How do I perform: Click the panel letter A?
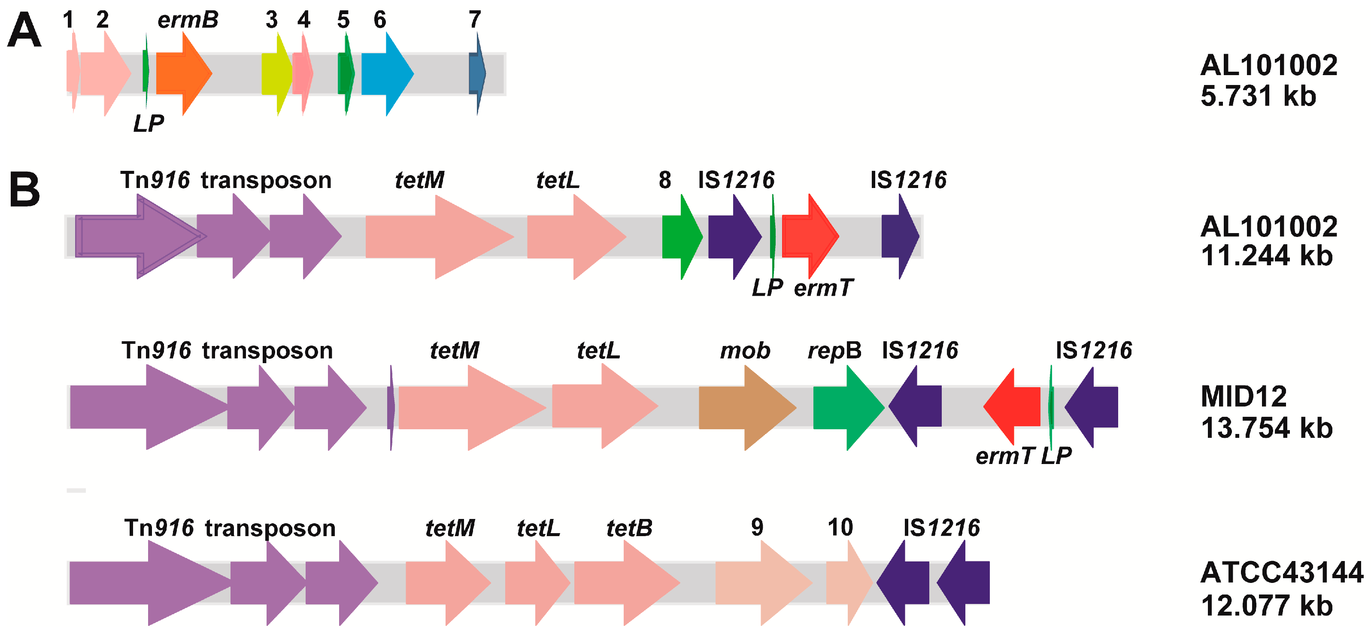click(x=24, y=30)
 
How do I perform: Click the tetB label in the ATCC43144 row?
click(x=629, y=528)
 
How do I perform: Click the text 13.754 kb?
click(x=1266, y=428)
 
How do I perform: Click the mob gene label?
click(x=745, y=351)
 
